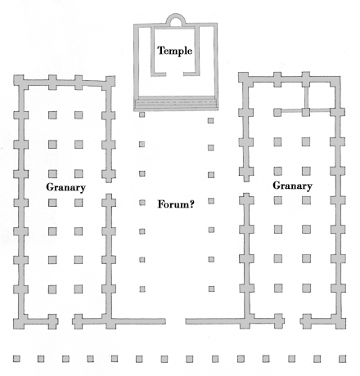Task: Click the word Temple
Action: (x=175, y=51)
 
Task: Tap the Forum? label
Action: (x=176, y=204)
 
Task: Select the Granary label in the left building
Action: (x=66, y=187)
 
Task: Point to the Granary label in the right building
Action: (x=293, y=186)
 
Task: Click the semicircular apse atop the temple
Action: (x=176, y=16)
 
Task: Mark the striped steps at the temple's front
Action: (x=176, y=103)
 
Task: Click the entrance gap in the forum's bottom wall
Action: (x=176, y=321)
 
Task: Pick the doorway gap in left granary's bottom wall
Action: (x=65, y=321)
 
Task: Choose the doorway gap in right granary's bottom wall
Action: (x=292, y=321)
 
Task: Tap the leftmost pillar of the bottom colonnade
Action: (x=16, y=359)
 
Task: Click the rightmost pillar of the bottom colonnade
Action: (x=343, y=359)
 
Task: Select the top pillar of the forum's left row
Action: (x=142, y=114)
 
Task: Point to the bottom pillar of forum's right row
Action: (x=211, y=289)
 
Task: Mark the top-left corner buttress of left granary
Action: (x=19, y=81)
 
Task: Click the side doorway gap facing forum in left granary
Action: (x=109, y=188)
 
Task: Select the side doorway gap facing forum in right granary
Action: (x=246, y=187)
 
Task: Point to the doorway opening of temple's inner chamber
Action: (x=174, y=74)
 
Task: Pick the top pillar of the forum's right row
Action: (x=210, y=120)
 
